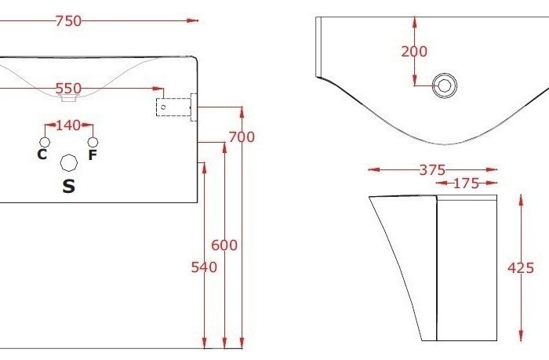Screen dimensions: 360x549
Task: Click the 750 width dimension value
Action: (68, 21)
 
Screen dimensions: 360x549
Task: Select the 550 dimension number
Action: (68, 88)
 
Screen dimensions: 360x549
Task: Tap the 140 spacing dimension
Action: (68, 125)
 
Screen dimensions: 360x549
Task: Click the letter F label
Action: (93, 155)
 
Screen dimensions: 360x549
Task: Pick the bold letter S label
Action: (68, 187)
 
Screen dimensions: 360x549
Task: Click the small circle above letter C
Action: (44, 142)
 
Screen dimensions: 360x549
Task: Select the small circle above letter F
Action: (93, 142)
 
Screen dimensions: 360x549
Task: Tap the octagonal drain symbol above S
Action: (68, 162)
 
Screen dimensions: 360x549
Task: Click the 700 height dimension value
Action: (242, 137)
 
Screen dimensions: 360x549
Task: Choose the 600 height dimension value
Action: (224, 245)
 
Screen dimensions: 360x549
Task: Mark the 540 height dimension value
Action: (204, 267)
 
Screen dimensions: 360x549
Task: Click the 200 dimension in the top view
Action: (414, 52)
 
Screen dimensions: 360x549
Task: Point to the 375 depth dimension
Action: (432, 169)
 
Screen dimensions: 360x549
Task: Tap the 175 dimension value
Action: (467, 184)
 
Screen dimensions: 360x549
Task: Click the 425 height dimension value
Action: (521, 268)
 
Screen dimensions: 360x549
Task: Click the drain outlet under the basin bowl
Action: (68, 98)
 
